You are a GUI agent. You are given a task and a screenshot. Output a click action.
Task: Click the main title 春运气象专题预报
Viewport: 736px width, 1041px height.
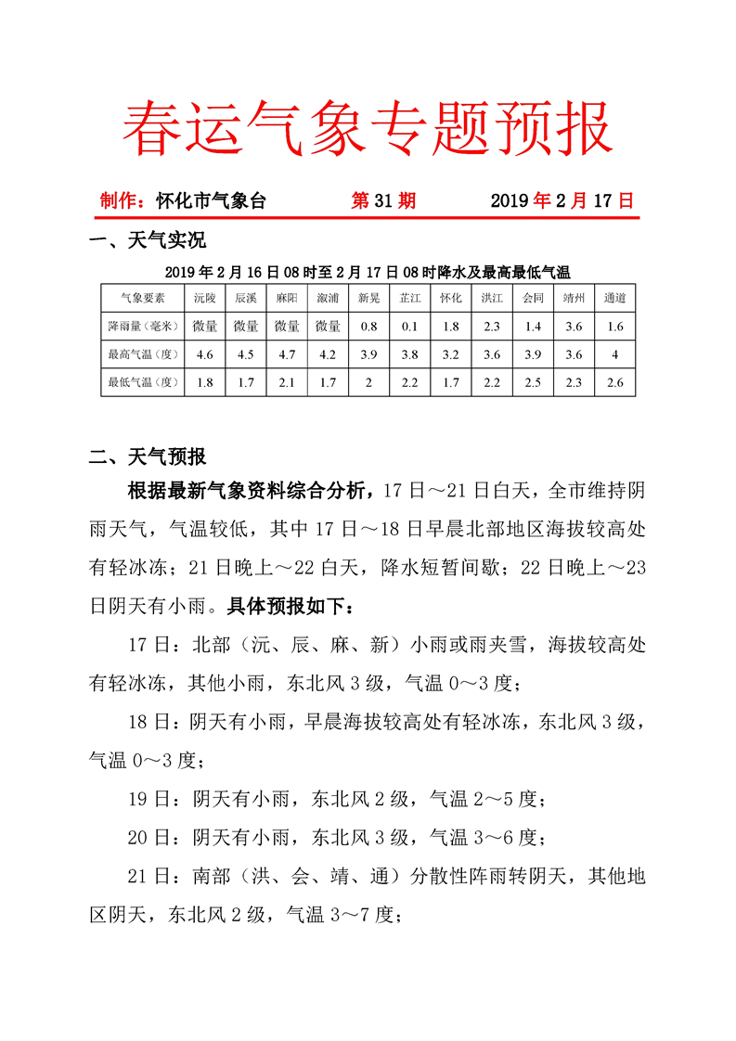coord(368,127)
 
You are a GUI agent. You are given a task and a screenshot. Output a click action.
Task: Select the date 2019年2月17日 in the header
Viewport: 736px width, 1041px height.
coord(562,199)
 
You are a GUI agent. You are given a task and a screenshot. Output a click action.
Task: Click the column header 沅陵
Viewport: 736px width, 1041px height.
coord(205,298)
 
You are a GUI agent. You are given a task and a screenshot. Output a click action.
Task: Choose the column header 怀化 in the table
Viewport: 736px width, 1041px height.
coord(451,298)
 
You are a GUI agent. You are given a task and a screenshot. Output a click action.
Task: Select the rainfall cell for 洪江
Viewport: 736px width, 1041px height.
coord(492,326)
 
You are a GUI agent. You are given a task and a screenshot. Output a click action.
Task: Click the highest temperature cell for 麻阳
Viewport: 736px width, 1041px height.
coord(287,353)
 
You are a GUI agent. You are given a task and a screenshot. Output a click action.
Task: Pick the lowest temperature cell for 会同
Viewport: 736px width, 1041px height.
coord(533,381)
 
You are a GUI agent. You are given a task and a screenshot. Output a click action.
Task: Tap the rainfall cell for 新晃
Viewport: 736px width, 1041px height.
coord(368,326)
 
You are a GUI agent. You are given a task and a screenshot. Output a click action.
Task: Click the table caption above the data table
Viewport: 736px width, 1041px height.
coord(368,272)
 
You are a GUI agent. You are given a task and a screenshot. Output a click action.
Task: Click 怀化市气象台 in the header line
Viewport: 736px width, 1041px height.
coord(211,199)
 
